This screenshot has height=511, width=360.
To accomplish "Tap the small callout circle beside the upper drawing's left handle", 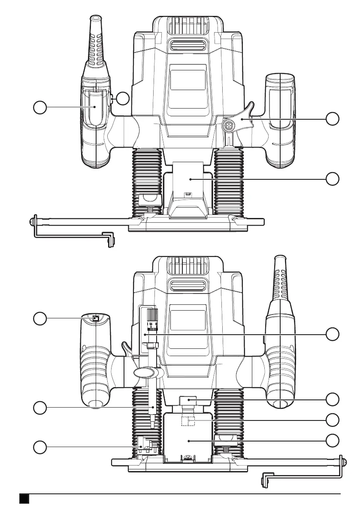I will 123,98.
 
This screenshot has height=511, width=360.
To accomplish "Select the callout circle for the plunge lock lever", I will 332,119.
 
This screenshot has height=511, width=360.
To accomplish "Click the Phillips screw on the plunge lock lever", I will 228,126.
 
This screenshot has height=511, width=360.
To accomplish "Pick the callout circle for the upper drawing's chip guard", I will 332,179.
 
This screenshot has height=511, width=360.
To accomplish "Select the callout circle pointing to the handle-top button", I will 39,318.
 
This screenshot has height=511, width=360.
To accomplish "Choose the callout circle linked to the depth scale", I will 332,333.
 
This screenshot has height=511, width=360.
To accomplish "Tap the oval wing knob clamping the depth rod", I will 146,372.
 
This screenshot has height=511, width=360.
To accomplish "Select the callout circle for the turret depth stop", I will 39,447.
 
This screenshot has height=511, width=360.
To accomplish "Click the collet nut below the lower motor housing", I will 188,401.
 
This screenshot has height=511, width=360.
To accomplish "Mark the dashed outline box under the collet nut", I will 188,420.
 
